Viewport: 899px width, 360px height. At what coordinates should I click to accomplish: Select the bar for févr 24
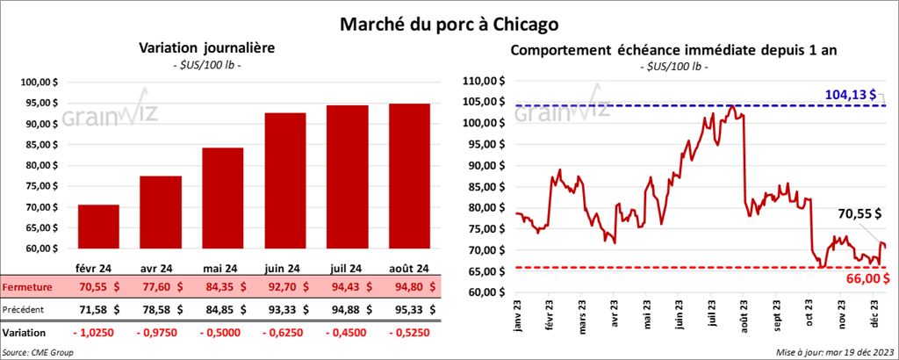pos(98,230)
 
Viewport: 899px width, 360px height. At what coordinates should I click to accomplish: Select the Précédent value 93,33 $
pos(286,309)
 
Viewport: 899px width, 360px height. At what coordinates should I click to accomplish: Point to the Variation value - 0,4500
pos(348,333)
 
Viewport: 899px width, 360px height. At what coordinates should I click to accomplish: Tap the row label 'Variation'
pos(25,333)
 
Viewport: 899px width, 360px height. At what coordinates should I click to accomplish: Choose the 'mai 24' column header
pos(224,268)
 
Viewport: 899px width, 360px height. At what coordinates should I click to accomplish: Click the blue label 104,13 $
pos(852,93)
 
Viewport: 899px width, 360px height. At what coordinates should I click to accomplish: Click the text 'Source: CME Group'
pos(38,352)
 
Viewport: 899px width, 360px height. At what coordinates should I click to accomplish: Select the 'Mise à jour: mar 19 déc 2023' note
pos(834,352)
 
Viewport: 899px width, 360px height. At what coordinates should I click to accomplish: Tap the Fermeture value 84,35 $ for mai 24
pos(224,286)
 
